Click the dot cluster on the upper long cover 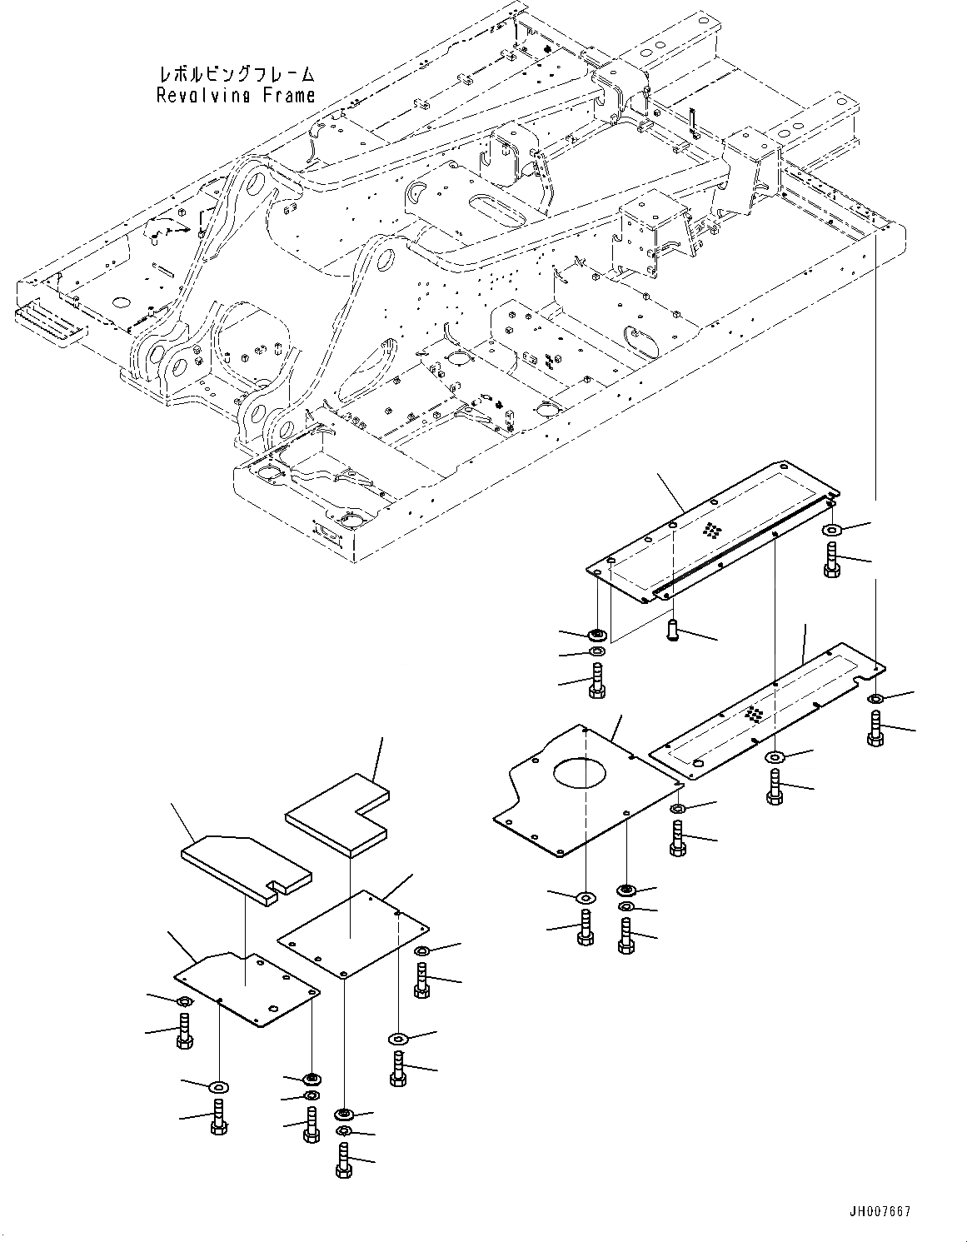712,530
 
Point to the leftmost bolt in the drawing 184,1031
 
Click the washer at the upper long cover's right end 833,530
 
